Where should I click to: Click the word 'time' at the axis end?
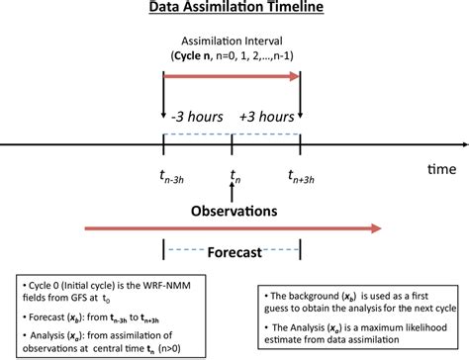click(440, 170)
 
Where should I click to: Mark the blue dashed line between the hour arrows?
click(231, 134)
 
